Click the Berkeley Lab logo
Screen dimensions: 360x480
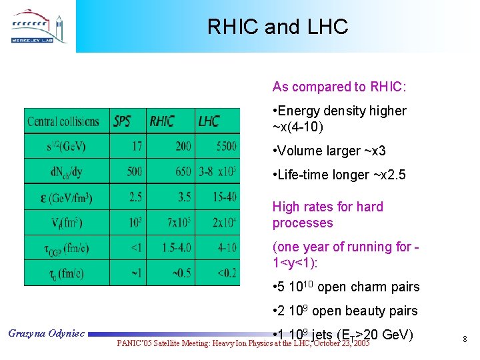pos(39,27)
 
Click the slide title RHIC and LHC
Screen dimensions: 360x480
pos(277,27)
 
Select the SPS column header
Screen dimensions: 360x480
pos(123,121)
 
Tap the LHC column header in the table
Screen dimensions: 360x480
pos(209,121)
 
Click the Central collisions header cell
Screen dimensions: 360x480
pos(63,121)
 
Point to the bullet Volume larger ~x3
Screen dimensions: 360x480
pos(329,151)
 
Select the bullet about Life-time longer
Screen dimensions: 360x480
pos(339,175)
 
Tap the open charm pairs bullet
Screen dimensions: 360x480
pos(345,287)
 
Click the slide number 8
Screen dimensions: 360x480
pos(465,340)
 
